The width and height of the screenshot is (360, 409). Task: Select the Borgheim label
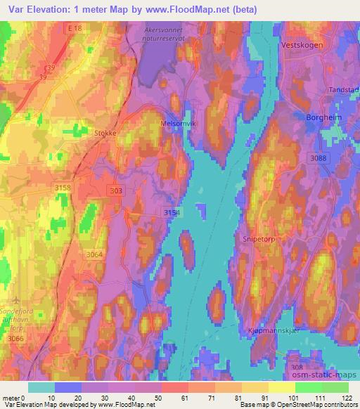(x=322, y=117)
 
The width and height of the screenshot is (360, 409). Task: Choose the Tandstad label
(x=344, y=90)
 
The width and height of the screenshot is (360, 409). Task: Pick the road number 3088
(x=319, y=159)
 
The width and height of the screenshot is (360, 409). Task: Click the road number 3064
(x=94, y=255)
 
